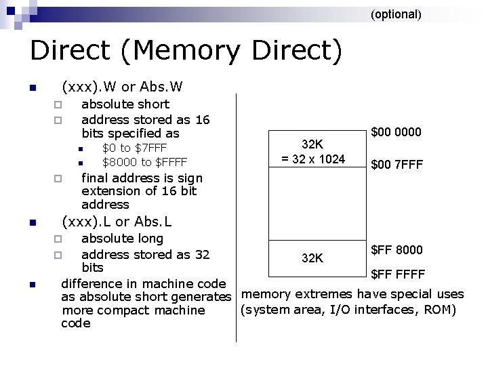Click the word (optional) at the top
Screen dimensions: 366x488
pyautogui.click(x=396, y=14)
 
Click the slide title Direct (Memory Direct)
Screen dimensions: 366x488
pyautogui.click(x=186, y=51)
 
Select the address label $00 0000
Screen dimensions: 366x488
pyautogui.click(x=396, y=132)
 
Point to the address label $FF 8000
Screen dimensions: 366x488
pyautogui.click(x=396, y=250)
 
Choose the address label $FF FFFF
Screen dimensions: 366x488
pyautogui.click(x=398, y=274)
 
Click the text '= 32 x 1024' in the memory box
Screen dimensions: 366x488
pyautogui.click(x=313, y=160)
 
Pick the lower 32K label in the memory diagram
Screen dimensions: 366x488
pyautogui.click(x=312, y=258)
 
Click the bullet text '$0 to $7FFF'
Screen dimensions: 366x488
pyautogui.click(x=134, y=148)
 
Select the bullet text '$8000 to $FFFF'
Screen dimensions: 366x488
pyautogui.click(x=144, y=162)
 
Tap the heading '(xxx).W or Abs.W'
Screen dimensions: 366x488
pyautogui.click(x=122, y=87)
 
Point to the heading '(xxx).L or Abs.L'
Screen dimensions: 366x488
pyautogui.click(x=117, y=222)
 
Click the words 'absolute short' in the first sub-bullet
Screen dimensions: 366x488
pyautogui.click(x=125, y=104)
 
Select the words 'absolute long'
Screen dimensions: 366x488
pyautogui.click(x=122, y=239)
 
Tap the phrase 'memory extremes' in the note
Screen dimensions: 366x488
pyautogui.click(x=285, y=294)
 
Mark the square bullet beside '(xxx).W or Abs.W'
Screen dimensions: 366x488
pyautogui.click(x=31, y=88)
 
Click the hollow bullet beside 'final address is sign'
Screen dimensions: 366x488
pyautogui.click(x=58, y=179)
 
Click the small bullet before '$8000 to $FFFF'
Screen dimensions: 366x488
pyautogui.click(x=79, y=163)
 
